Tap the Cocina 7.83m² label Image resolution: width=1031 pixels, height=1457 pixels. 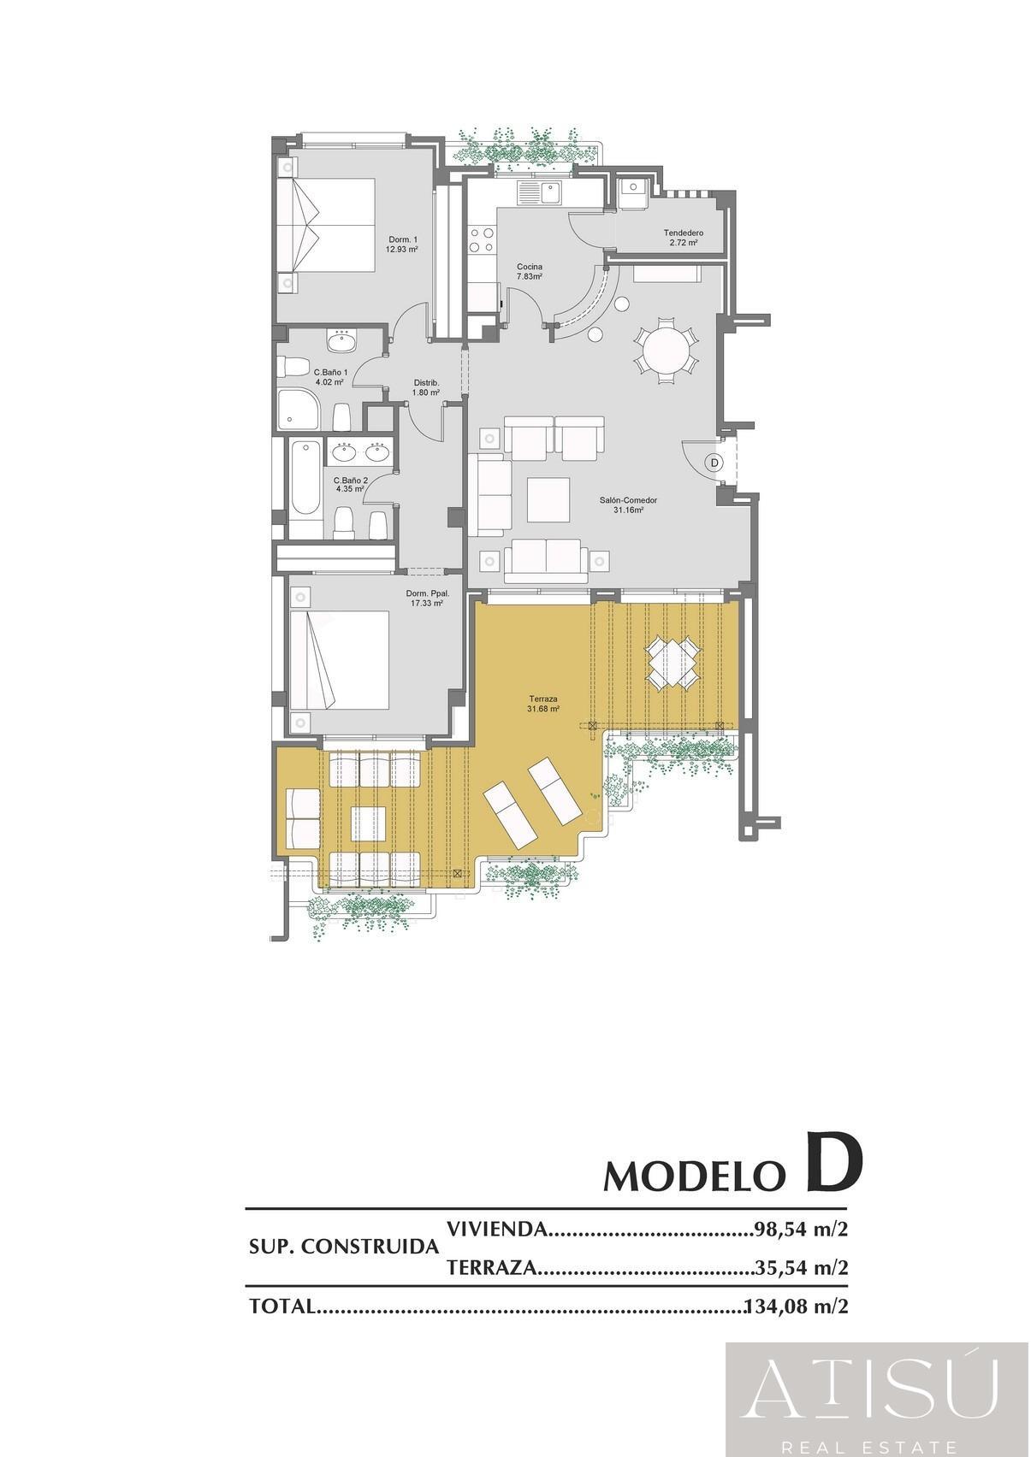(x=529, y=271)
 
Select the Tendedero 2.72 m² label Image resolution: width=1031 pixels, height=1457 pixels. (x=683, y=238)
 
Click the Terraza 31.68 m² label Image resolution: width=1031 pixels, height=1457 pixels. (x=542, y=704)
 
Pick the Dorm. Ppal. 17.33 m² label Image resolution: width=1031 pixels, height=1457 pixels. (x=427, y=598)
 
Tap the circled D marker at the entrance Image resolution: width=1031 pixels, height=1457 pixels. (x=714, y=463)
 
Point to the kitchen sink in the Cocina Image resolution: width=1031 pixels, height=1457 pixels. (x=540, y=192)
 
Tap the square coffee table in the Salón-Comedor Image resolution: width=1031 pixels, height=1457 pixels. (x=548, y=499)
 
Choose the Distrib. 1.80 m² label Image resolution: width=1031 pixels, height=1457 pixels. (x=426, y=387)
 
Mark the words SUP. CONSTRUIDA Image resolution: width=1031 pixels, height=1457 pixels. (x=343, y=1247)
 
